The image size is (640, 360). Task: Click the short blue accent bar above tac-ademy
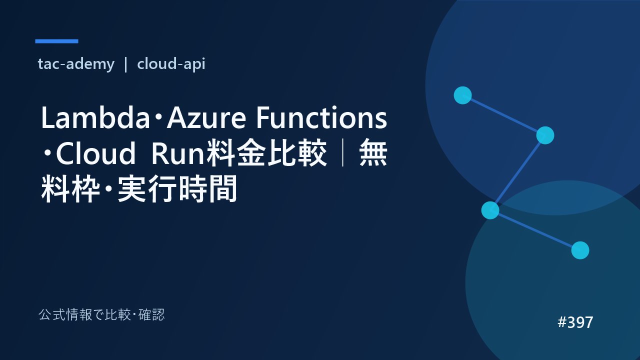(56, 41)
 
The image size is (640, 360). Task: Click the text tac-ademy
(76, 64)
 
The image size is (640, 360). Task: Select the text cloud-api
(171, 64)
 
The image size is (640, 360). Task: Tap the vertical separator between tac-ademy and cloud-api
(125, 64)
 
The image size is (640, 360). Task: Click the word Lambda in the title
(95, 117)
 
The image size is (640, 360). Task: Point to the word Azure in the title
(206, 117)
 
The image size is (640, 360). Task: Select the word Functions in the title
(321, 117)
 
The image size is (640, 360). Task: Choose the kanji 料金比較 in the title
(266, 153)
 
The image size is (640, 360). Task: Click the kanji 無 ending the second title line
(373, 153)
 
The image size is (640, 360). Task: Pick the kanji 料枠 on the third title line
(71, 189)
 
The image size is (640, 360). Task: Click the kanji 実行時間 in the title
(177, 189)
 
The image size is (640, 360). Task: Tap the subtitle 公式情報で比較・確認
(101, 315)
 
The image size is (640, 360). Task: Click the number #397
(575, 322)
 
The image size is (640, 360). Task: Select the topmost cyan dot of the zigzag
(462, 95)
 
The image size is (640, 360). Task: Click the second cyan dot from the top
(545, 135)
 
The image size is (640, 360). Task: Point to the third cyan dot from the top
(490, 210)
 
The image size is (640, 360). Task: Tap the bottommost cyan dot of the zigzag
(580, 250)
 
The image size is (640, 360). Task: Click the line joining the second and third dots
(517, 173)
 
